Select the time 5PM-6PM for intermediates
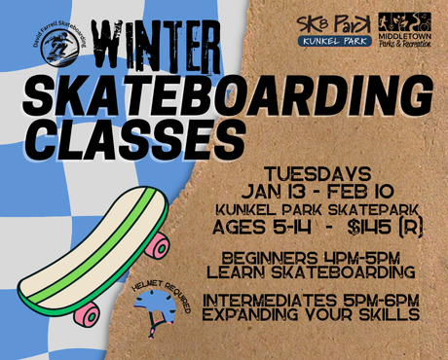381,301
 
